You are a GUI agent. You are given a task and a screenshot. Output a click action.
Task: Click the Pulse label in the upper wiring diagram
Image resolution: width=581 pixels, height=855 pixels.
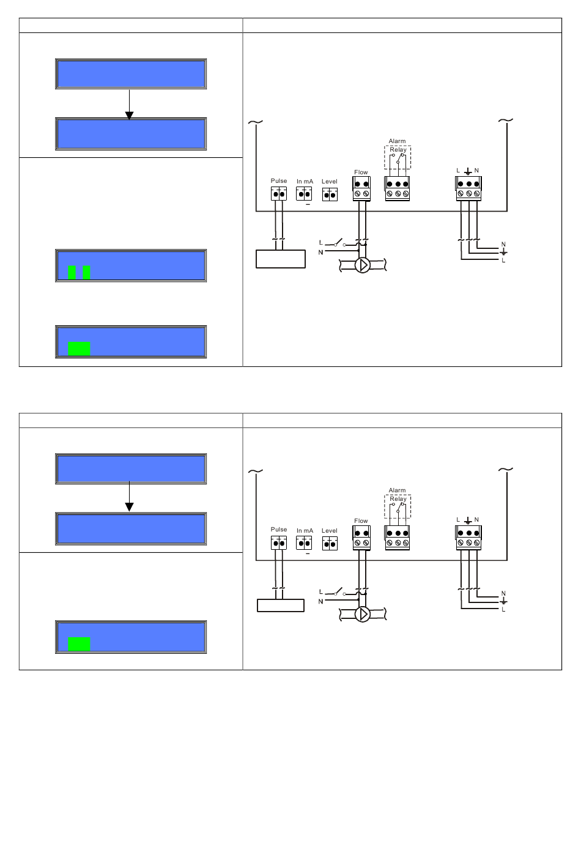[279, 181]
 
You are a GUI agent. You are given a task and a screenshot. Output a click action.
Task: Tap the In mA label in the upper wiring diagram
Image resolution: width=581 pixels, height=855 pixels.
[305, 181]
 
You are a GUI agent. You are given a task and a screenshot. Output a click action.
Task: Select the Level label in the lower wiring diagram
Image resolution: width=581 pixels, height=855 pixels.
[330, 531]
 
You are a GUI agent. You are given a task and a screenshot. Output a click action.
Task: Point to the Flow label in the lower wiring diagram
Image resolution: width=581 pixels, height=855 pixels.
[361, 520]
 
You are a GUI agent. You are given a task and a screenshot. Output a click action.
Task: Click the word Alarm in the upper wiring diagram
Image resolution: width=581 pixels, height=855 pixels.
[397, 141]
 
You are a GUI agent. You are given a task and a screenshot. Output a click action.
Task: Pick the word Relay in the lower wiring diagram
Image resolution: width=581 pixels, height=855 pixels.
[398, 499]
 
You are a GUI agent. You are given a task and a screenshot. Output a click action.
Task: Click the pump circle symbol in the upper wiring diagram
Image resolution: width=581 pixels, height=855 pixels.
[362, 265]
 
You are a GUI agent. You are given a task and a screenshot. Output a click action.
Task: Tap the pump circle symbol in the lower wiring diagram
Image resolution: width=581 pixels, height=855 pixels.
[362, 614]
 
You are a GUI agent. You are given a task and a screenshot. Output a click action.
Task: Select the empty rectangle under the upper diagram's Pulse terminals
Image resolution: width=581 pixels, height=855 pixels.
[281, 259]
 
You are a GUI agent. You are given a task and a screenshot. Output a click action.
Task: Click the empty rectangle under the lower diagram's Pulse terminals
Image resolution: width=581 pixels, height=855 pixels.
[281, 605]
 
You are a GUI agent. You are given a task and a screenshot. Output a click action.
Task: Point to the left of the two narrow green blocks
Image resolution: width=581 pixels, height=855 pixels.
[72, 273]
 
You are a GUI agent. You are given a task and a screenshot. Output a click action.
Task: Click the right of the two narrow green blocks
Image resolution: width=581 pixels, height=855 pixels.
[86, 273]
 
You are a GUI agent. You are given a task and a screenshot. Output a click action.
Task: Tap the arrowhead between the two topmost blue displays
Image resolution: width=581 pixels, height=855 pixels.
[130, 115]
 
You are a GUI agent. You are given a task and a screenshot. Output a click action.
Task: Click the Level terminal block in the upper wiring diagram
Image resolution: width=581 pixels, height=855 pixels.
[330, 194]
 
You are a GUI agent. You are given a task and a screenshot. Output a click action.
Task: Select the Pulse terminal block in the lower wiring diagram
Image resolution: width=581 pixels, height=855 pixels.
[279, 542]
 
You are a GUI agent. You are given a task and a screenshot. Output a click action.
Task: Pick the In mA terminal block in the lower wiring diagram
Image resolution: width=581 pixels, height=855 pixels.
[304, 542]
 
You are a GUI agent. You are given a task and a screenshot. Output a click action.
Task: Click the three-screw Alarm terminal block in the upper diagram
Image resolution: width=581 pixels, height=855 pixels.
[398, 188]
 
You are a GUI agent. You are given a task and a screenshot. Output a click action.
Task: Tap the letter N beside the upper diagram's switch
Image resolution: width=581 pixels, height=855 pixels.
[320, 253]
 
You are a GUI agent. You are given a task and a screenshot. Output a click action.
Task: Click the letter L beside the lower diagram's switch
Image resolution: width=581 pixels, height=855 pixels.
[320, 591]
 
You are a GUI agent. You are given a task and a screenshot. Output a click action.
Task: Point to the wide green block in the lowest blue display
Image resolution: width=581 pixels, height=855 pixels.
[79, 644]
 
